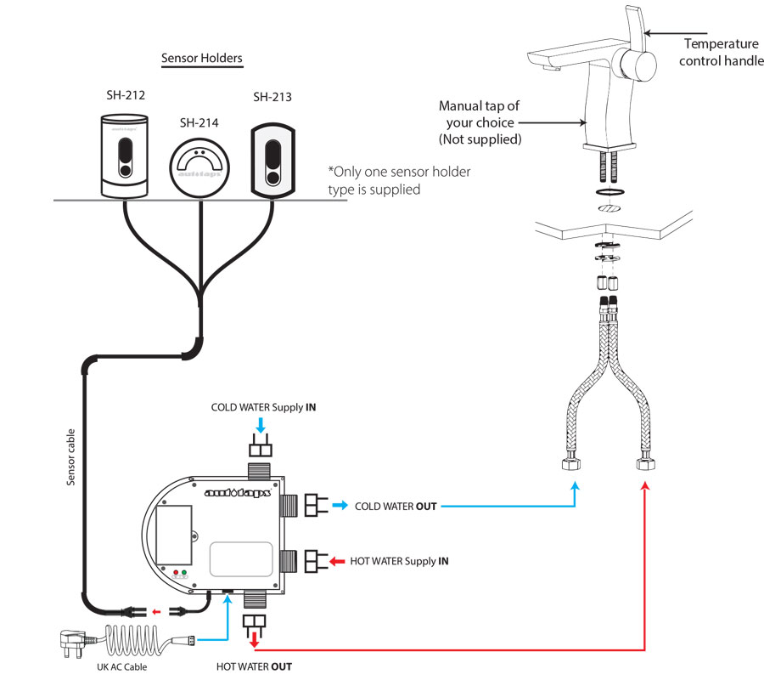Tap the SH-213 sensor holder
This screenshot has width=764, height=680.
(272, 157)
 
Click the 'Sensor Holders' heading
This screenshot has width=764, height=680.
(202, 59)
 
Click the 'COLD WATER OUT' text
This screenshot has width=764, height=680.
(396, 506)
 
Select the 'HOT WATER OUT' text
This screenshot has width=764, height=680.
(254, 666)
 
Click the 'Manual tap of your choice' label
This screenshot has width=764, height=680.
(479, 122)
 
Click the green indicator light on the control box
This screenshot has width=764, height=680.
(185, 573)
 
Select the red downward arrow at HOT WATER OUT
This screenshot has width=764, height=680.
(253, 638)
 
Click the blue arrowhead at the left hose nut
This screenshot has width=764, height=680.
(575, 485)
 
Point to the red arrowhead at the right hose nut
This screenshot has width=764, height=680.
(646, 485)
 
